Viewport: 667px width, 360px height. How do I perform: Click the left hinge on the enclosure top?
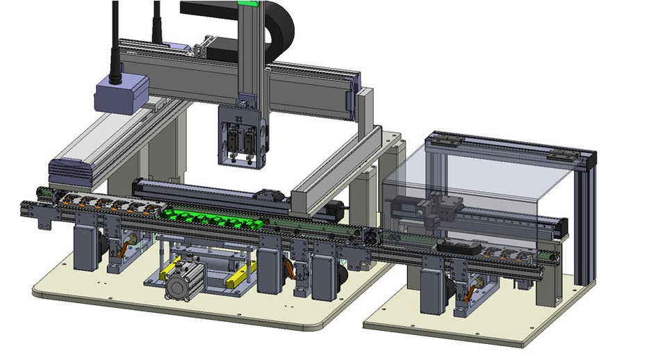pos(445,140)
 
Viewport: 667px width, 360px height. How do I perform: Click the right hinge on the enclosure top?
pos(561,154)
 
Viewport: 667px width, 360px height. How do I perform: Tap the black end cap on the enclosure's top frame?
pos(591,160)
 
